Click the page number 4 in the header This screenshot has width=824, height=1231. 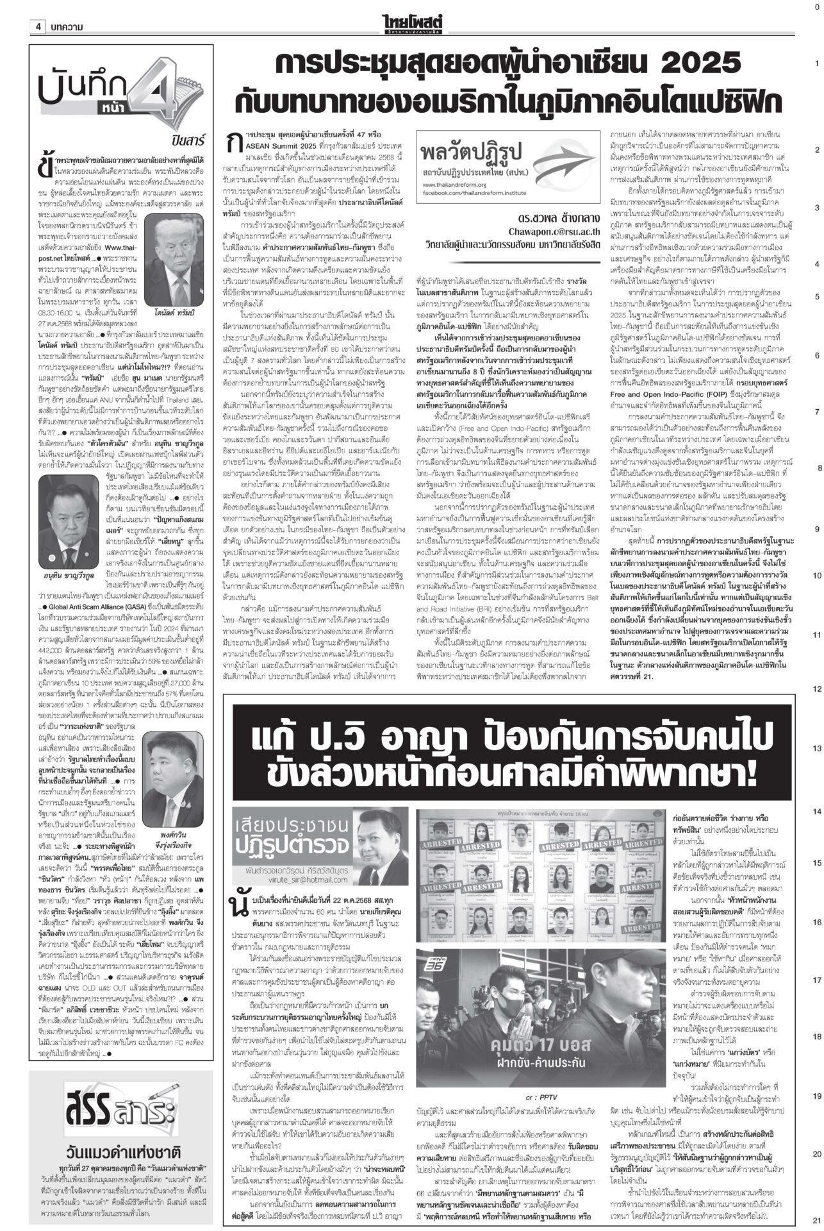pos(39,26)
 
